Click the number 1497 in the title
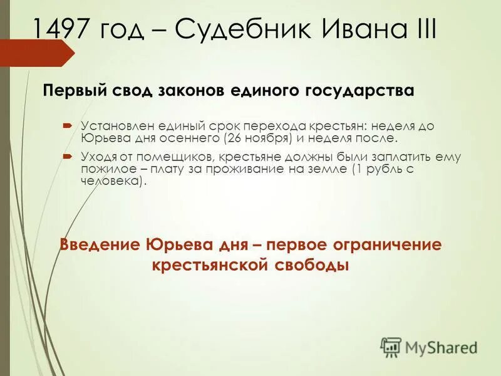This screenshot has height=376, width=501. [64, 29]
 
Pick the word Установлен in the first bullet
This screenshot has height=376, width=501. [115, 126]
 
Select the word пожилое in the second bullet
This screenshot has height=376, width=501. [104, 169]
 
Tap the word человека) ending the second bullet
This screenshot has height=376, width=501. [113, 181]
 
